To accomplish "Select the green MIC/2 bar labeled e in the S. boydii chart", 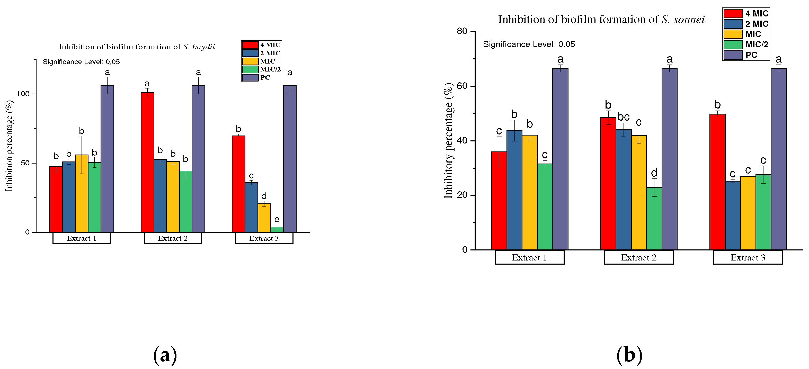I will coord(277,230).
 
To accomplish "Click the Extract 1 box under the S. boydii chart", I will coord(82,238).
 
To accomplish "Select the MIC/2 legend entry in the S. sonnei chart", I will coord(746,44).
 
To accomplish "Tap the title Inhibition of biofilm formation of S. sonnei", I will coord(601,20).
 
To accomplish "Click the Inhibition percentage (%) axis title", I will coord(10,146).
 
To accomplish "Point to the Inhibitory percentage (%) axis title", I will coord(448,140).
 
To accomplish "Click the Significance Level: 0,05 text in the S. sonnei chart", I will coord(529,44).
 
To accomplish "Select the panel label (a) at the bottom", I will coord(165,355).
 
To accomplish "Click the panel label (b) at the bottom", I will coord(629,355).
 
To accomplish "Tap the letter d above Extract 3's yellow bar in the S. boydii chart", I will coord(264,196).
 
